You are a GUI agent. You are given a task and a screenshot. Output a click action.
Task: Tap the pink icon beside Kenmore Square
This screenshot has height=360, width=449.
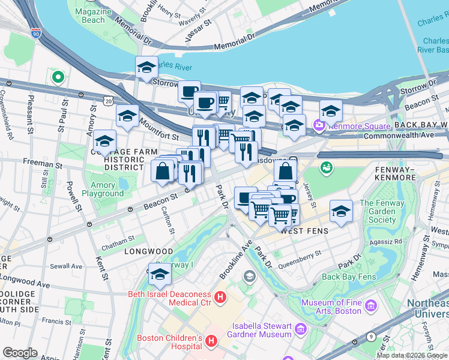point(319,126)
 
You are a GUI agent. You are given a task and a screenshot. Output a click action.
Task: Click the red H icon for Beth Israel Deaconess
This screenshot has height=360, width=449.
point(220,296)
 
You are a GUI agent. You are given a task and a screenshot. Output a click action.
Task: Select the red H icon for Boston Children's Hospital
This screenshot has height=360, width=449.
point(211,341)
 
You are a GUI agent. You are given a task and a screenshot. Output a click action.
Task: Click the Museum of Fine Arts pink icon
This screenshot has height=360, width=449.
point(371,307)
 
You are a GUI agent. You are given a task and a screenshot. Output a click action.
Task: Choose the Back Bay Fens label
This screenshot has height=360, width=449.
point(348,277)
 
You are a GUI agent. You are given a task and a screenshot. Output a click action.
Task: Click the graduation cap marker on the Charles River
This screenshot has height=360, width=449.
point(146,70)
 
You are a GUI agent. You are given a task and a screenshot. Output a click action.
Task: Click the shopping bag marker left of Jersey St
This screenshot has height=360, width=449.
point(286,172)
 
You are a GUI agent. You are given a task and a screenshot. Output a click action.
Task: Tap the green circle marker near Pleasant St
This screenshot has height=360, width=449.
point(58,77)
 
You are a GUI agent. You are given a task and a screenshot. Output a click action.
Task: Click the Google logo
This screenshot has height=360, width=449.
point(20,353)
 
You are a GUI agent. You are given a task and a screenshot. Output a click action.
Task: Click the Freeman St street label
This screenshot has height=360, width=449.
point(42,163)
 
